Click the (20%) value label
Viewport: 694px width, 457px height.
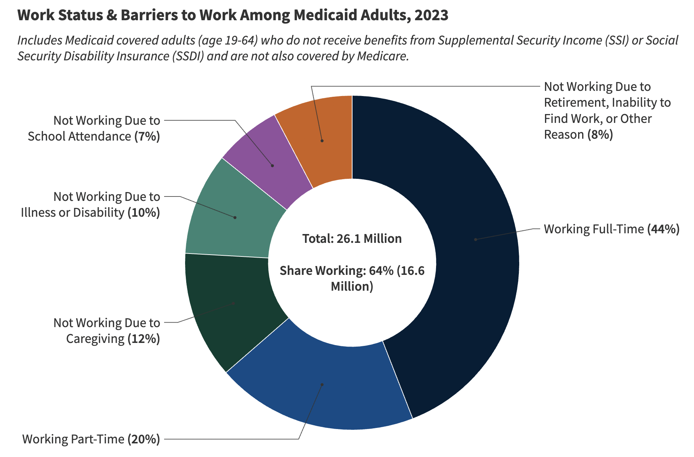[x=144, y=439]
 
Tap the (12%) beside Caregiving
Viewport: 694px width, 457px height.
[x=144, y=339]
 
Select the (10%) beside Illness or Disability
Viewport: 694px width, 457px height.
[x=144, y=213]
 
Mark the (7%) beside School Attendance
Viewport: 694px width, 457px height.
[x=147, y=137]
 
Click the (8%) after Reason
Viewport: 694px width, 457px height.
[x=600, y=135]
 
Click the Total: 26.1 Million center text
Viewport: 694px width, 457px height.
[x=352, y=239]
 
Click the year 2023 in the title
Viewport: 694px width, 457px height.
[x=431, y=15]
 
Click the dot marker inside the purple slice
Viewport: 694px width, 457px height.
[x=272, y=166]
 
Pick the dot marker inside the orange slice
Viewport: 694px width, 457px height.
[x=322, y=141]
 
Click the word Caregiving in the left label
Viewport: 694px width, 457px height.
[x=95, y=339]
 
